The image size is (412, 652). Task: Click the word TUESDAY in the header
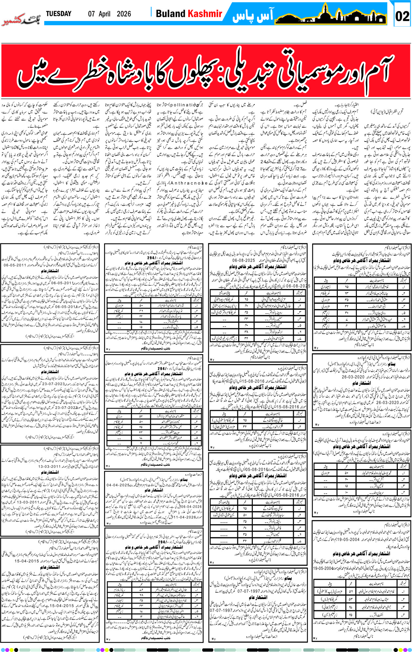(58, 14)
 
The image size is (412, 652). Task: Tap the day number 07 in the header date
(92, 14)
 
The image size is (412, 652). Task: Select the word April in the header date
(104, 14)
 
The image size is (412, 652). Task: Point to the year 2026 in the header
(124, 14)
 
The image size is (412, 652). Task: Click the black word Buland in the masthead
(170, 14)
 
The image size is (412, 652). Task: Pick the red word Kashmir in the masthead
(205, 14)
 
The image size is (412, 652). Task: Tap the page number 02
(402, 16)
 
